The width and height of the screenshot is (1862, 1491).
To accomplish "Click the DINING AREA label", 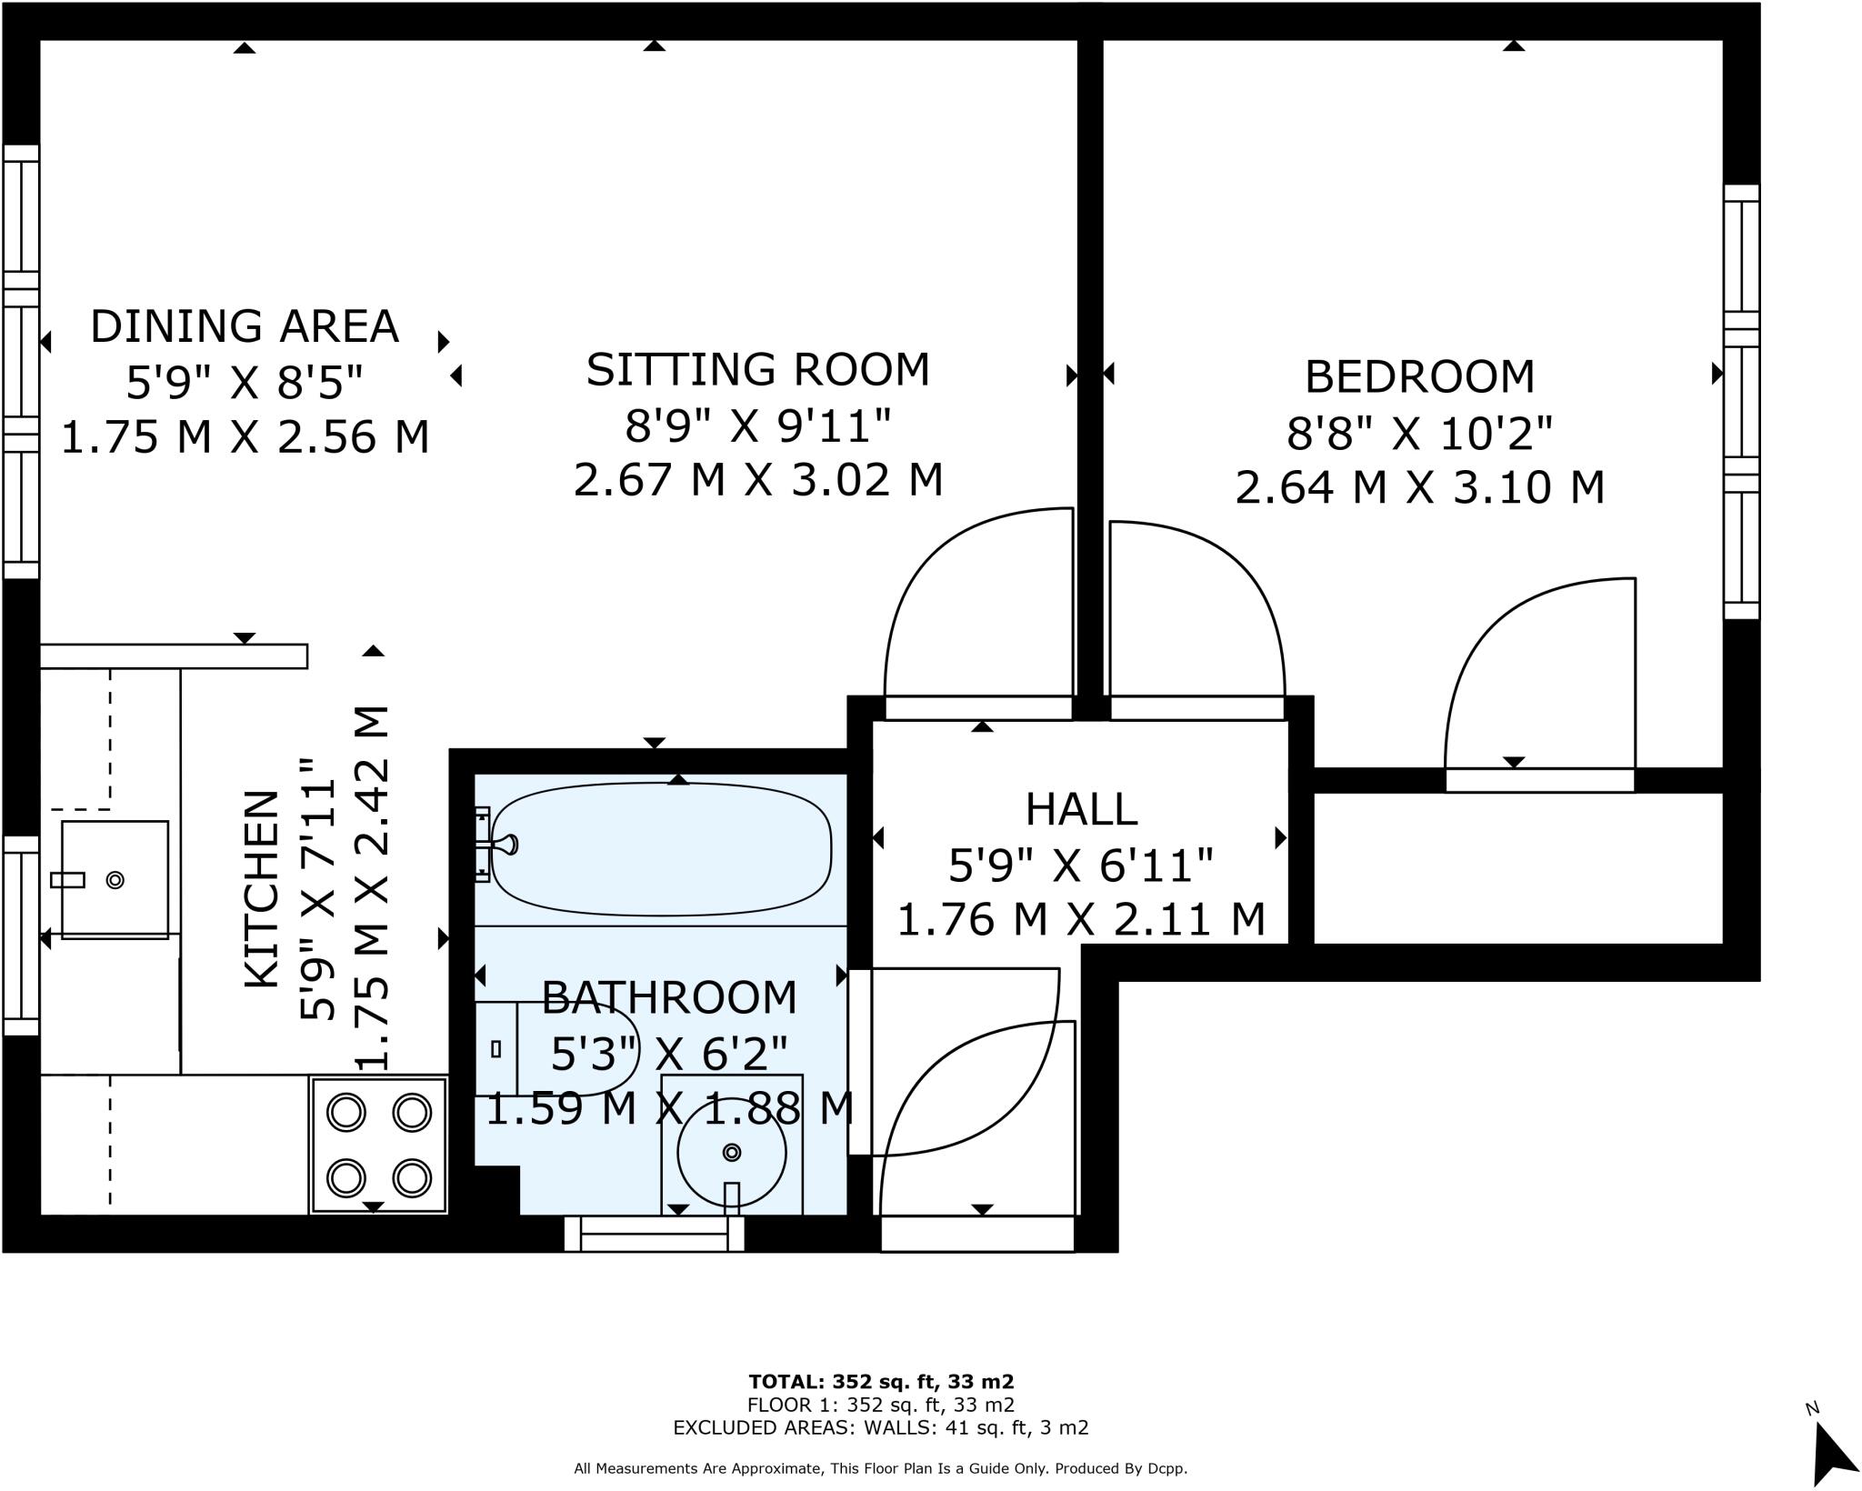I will tap(245, 326).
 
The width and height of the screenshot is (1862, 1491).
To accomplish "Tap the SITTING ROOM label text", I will tap(758, 370).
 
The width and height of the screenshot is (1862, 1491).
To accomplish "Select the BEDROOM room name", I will tap(1419, 377).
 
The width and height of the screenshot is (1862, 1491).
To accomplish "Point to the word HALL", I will tap(1081, 809).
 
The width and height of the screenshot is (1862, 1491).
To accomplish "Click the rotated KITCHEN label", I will tap(262, 889).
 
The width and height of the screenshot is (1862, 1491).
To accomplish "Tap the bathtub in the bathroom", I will tap(662, 848).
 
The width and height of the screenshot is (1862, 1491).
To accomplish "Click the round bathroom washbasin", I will tap(731, 1153).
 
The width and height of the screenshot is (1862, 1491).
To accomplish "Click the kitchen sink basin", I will tap(115, 879).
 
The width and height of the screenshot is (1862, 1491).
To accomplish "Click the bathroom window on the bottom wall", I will tap(655, 1234).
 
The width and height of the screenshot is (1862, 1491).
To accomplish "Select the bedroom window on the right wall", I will tap(1741, 402).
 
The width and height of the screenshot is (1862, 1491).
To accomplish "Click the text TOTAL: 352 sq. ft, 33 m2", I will tap(880, 1382).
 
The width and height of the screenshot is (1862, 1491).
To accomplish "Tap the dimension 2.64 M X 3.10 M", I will tap(1419, 488).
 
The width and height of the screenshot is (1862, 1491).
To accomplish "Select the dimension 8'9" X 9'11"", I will tap(758, 425).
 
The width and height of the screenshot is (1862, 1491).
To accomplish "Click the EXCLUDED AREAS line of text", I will tap(880, 1427).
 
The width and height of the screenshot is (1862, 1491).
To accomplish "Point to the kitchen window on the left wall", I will tap(21, 936).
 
